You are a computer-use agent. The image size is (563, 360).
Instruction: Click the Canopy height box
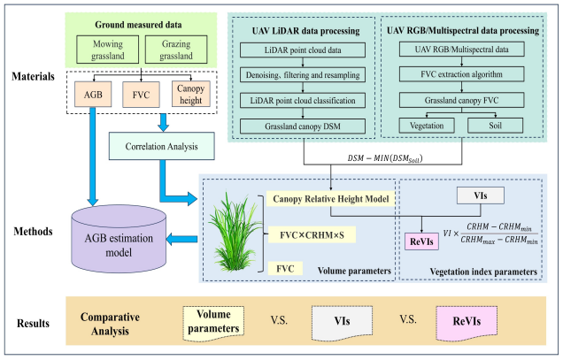[x=189, y=93]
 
